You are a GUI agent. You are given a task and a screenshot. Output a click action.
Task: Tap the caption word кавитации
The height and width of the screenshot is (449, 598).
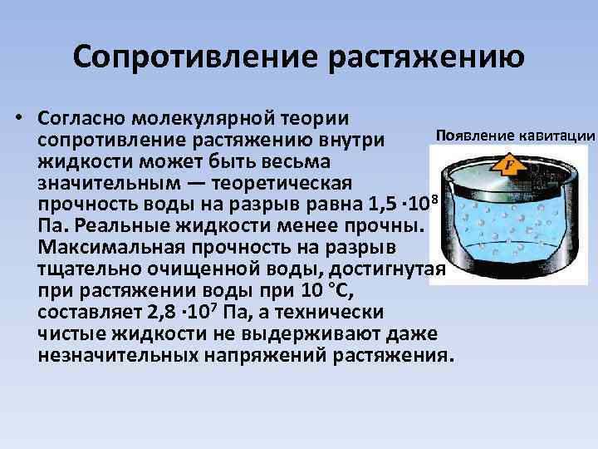point(557,136)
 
